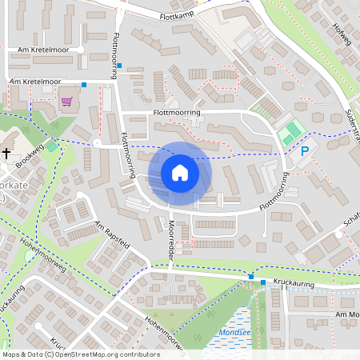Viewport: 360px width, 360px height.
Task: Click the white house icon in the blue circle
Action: point(180,173)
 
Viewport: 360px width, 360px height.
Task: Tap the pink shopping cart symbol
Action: point(66,102)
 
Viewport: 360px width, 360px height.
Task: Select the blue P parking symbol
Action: point(304,150)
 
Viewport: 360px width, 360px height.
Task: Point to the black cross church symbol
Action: point(6,152)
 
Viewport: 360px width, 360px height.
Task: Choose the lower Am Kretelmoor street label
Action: point(34,82)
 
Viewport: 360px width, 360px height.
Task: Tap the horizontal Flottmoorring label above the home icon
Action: point(176,114)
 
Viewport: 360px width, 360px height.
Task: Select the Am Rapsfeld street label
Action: point(110,235)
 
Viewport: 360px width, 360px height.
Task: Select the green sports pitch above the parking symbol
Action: point(291,128)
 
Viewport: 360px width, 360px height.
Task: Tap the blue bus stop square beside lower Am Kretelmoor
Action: point(84,83)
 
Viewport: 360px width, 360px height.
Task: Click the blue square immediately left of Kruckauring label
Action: point(263,282)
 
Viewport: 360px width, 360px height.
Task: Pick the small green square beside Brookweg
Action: point(52,145)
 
